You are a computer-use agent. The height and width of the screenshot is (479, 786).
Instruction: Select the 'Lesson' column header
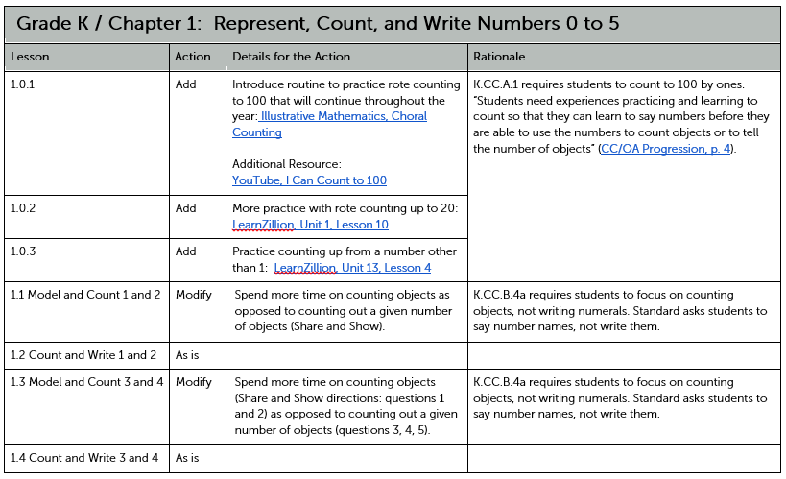pos(30,57)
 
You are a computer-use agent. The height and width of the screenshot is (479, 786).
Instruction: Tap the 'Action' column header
pos(193,57)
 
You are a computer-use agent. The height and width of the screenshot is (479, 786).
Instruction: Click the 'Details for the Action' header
pos(291,57)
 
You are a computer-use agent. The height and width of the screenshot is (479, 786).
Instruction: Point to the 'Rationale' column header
pos(499,57)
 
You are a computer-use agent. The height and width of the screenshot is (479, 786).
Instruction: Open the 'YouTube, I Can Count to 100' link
pos(309,180)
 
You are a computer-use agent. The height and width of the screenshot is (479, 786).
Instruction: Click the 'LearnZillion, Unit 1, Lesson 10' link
pos(310,225)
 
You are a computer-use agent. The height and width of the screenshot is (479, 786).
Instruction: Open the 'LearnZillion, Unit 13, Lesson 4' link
pos(352,268)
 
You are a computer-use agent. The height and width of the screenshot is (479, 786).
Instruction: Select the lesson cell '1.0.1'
pos(22,84)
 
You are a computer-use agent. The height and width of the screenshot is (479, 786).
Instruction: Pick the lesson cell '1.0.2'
pos(22,208)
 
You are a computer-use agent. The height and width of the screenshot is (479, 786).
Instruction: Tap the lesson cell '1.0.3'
pos(22,251)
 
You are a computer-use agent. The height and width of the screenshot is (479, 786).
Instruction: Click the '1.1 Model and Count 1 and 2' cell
pos(85,295)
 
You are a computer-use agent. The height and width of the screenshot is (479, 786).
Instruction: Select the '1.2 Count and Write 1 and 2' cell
pos(83,355)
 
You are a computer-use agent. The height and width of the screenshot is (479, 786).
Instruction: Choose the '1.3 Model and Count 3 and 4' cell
pos(85,382)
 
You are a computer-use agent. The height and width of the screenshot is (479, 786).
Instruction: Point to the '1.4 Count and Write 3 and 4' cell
pos(83,458)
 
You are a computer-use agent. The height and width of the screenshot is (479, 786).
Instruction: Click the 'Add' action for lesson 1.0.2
pos(185,208)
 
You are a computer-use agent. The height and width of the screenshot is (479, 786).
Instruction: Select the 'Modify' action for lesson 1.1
pos(194,295)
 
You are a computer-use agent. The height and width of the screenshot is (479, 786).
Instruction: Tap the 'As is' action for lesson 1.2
pos(187,355)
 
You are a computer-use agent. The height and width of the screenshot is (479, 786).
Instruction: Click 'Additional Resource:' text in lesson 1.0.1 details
pos(287,164)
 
